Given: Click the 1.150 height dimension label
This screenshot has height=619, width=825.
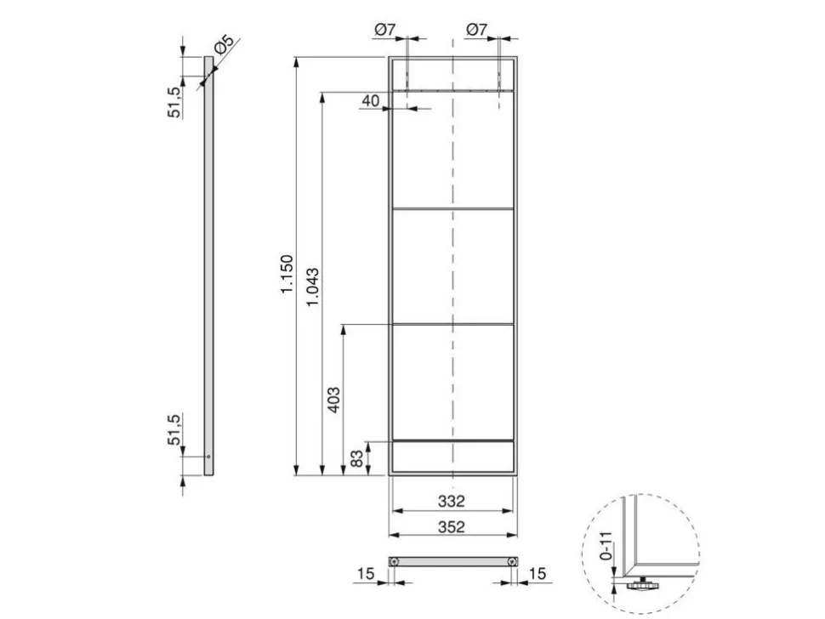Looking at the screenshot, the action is (x=287, y=274).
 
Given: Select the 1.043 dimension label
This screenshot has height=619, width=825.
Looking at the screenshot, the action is (x=312, y=287).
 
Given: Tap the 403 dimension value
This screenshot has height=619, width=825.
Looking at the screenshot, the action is (x=333, y=400).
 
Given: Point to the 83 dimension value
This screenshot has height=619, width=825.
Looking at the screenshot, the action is (x=356, y=458).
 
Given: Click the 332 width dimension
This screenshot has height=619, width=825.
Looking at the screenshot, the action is (x=452, y=501).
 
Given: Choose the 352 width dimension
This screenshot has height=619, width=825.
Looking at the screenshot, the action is (x=452, y=526).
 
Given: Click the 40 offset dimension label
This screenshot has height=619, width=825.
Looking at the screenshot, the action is (x=371, y=100).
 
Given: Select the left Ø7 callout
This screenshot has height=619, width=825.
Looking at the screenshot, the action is (x=384, y=30).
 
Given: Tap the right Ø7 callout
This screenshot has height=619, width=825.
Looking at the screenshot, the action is (x=476, y=30).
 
